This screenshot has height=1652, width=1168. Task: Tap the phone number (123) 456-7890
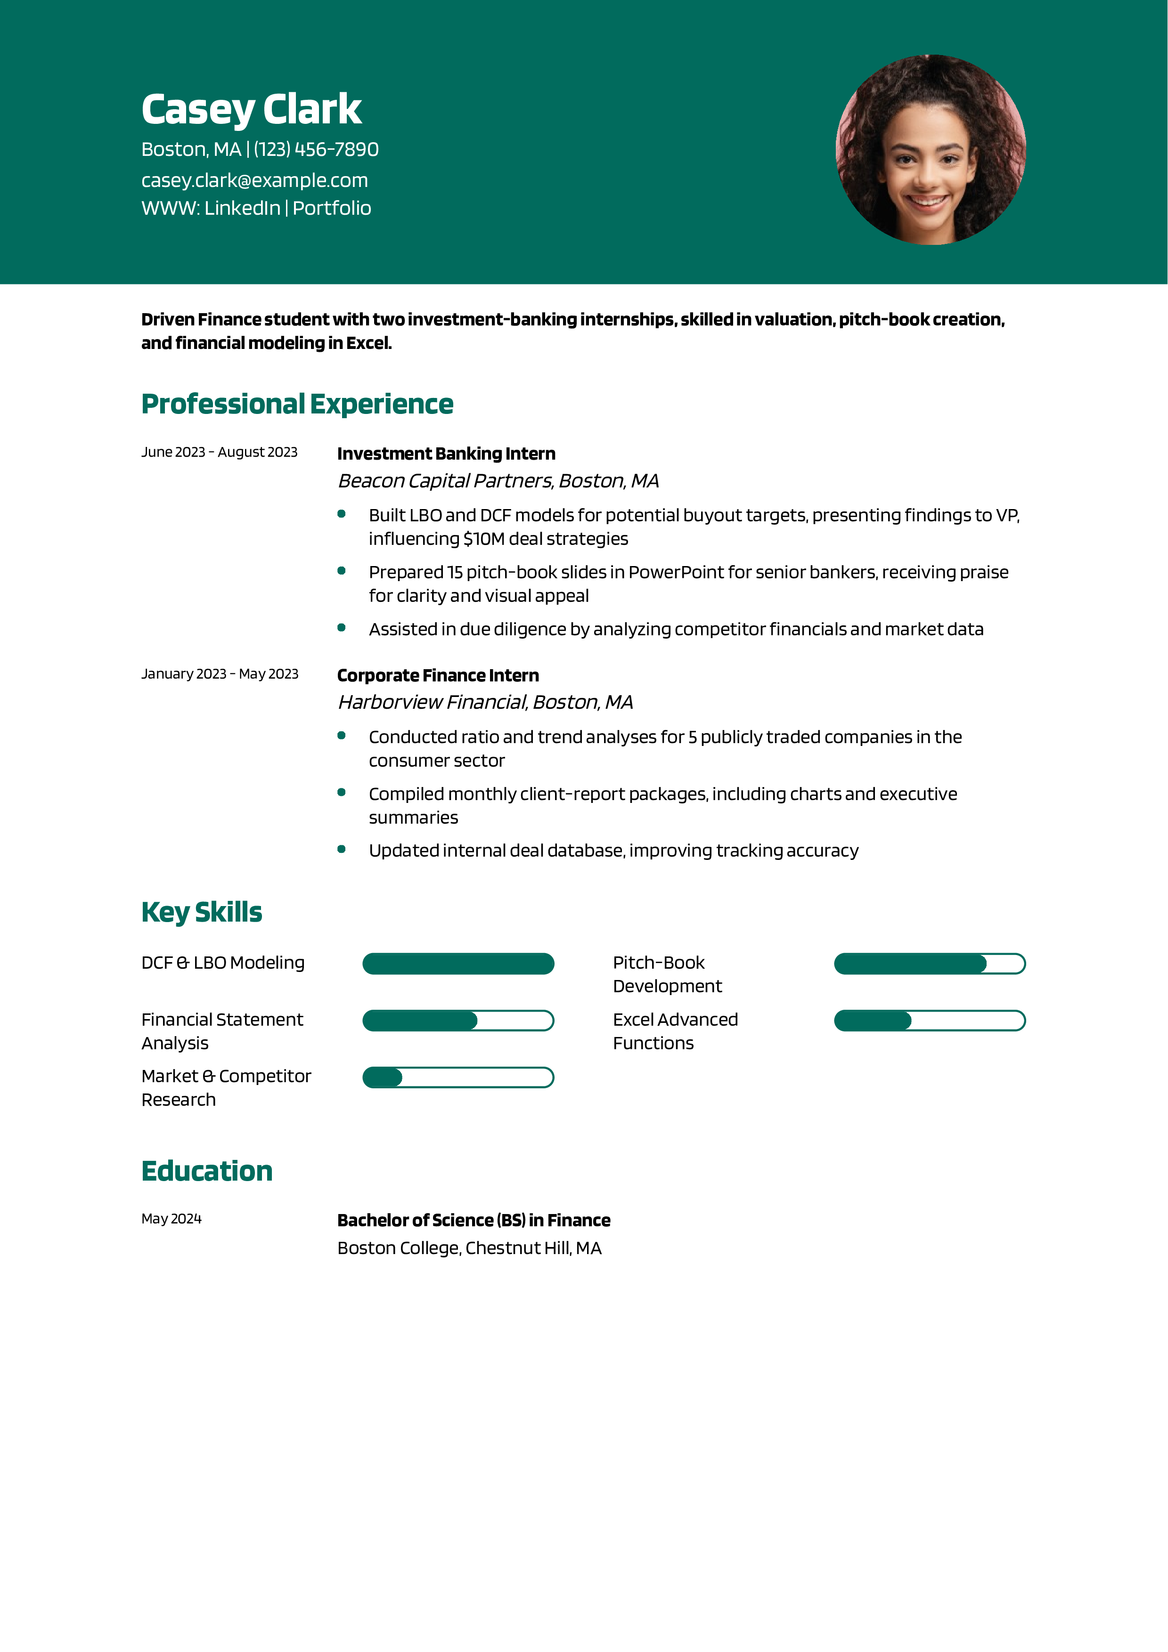316,150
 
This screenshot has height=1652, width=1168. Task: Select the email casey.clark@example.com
255,180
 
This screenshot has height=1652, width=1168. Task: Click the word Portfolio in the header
332,208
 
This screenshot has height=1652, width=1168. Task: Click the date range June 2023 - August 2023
220,452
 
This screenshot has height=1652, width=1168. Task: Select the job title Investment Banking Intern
446,453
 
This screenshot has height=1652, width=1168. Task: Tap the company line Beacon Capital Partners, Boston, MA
498,481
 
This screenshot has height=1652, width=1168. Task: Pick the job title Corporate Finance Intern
438,676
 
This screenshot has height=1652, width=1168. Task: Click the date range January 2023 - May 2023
220,673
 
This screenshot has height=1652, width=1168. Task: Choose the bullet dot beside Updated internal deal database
342,849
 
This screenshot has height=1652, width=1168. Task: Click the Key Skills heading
202,912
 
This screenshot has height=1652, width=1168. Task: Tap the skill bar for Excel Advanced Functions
929,1020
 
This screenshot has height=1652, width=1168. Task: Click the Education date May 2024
172,1218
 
